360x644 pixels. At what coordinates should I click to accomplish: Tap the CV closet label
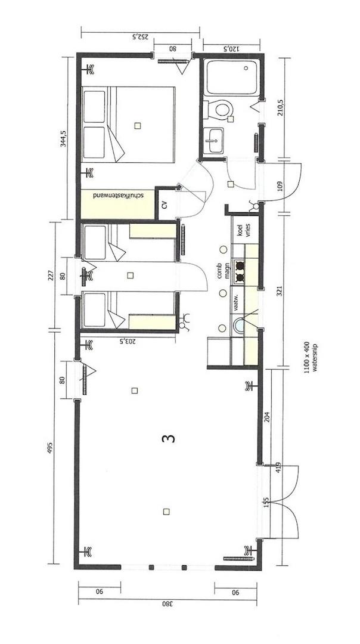pyautogui.click(x=165, y=205)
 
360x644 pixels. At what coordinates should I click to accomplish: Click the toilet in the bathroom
pyautogui.click(x=219, y=109)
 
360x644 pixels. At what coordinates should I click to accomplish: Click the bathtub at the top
pyautogui.click(x=232, y=78)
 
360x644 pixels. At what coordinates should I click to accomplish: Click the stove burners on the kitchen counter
pyautogui.click(x=240, y=271)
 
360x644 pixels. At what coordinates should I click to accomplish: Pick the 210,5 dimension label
pyautogui.click(x=281, y=107)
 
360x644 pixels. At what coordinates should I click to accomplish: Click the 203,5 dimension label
pyautogui.click(x=128, y=340)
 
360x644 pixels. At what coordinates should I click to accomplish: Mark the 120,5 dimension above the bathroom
pyautogui.click(x=231, y=48)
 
